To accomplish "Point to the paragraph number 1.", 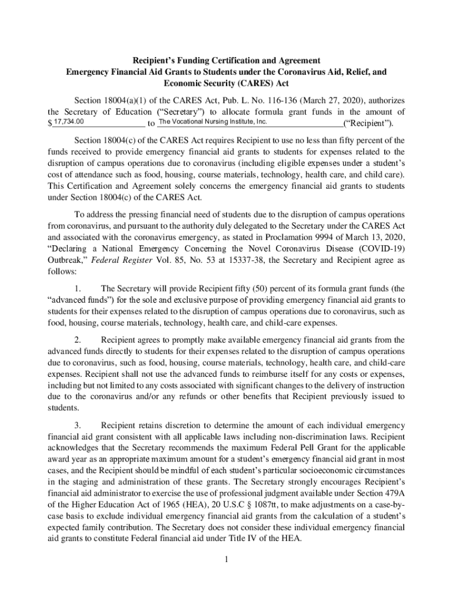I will [78, 289].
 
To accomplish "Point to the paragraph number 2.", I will [78, 340].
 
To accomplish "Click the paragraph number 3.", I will [78, 425].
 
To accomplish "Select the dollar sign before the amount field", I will [50, 124].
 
